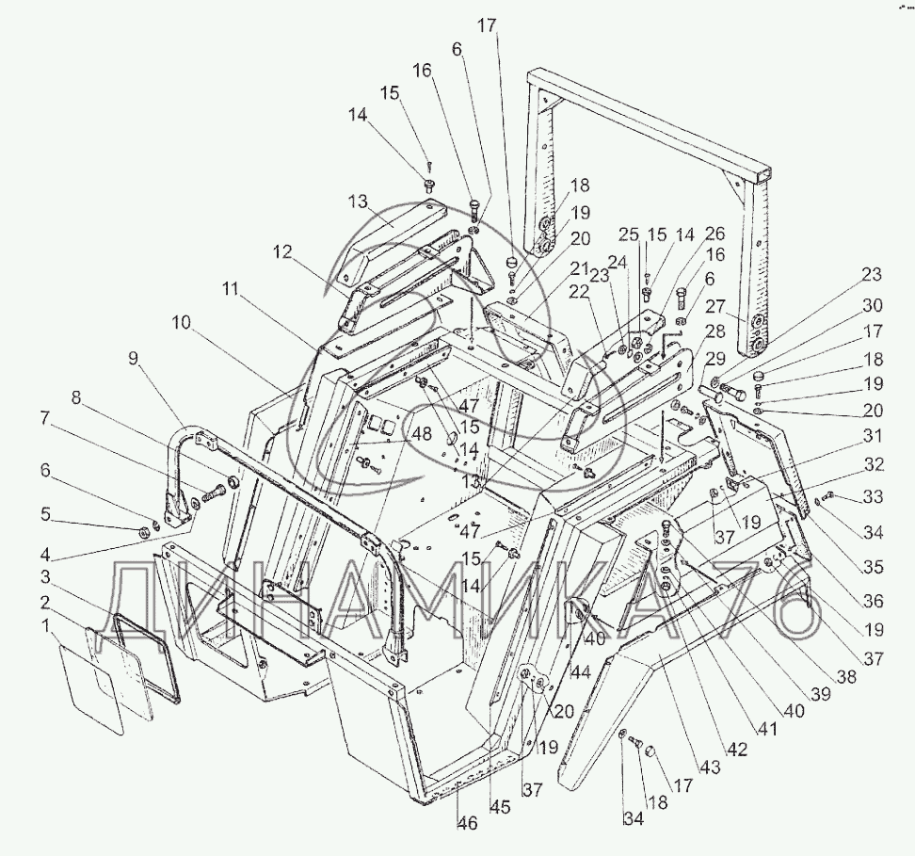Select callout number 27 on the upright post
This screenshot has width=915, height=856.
(716, 307)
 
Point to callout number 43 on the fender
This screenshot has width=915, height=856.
(709, 767)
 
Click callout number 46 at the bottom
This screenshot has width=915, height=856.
(468, 823)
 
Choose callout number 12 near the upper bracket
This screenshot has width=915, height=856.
(282, 252)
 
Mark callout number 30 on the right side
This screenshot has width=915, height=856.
(872, 305)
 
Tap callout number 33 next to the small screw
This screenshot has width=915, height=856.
(874, 497)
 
